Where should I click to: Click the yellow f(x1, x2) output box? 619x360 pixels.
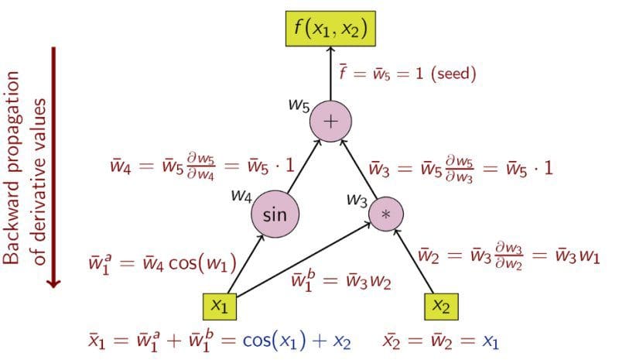[330, 29]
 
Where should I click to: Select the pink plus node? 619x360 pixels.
[330, 122]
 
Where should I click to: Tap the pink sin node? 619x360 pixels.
[275, 214]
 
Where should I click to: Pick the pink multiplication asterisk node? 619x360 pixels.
[385, 214]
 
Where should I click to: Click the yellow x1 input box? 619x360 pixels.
[220, 307]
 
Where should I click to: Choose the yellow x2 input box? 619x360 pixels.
[441, 307]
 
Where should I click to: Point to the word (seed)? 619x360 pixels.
[453, 74]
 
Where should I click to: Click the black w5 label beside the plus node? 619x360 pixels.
[299, 105]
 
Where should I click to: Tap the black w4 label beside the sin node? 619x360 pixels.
[241, 195]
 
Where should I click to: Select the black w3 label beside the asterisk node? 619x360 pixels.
[357, 200]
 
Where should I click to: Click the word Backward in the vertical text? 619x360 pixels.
[11, 223]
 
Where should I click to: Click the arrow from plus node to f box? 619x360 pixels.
[330, 74]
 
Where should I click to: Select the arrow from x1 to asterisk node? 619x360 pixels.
[303, 259]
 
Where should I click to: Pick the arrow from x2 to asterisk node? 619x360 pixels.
[414, 261]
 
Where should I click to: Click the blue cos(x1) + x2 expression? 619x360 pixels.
[296, 341]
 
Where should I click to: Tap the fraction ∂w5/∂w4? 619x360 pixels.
[200, 166]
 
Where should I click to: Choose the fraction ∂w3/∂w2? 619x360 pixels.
[509, 256]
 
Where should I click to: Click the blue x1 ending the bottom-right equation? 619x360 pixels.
[491, 342]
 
